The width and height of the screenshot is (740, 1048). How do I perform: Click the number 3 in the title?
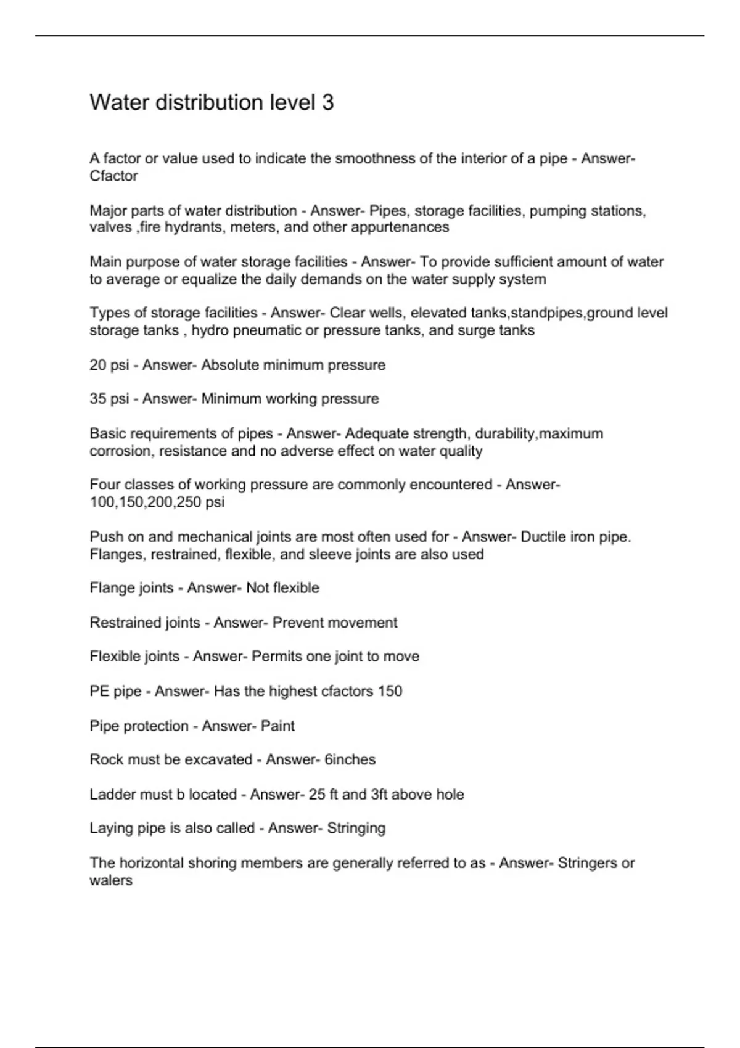coord(327,102)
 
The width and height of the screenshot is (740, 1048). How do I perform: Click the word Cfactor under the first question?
coord(113,176)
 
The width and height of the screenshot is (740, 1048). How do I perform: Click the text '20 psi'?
coord(109,365)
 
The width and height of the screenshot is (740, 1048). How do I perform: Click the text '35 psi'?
coord(109,399)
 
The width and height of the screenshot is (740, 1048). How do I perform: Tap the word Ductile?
coord(541,537)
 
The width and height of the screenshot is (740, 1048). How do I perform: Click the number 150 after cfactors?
coord(390,691)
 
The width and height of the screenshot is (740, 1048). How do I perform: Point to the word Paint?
coord(277,726)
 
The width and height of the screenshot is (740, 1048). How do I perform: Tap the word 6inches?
coord(350,759)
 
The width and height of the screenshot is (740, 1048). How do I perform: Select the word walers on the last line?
coord(111,880)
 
